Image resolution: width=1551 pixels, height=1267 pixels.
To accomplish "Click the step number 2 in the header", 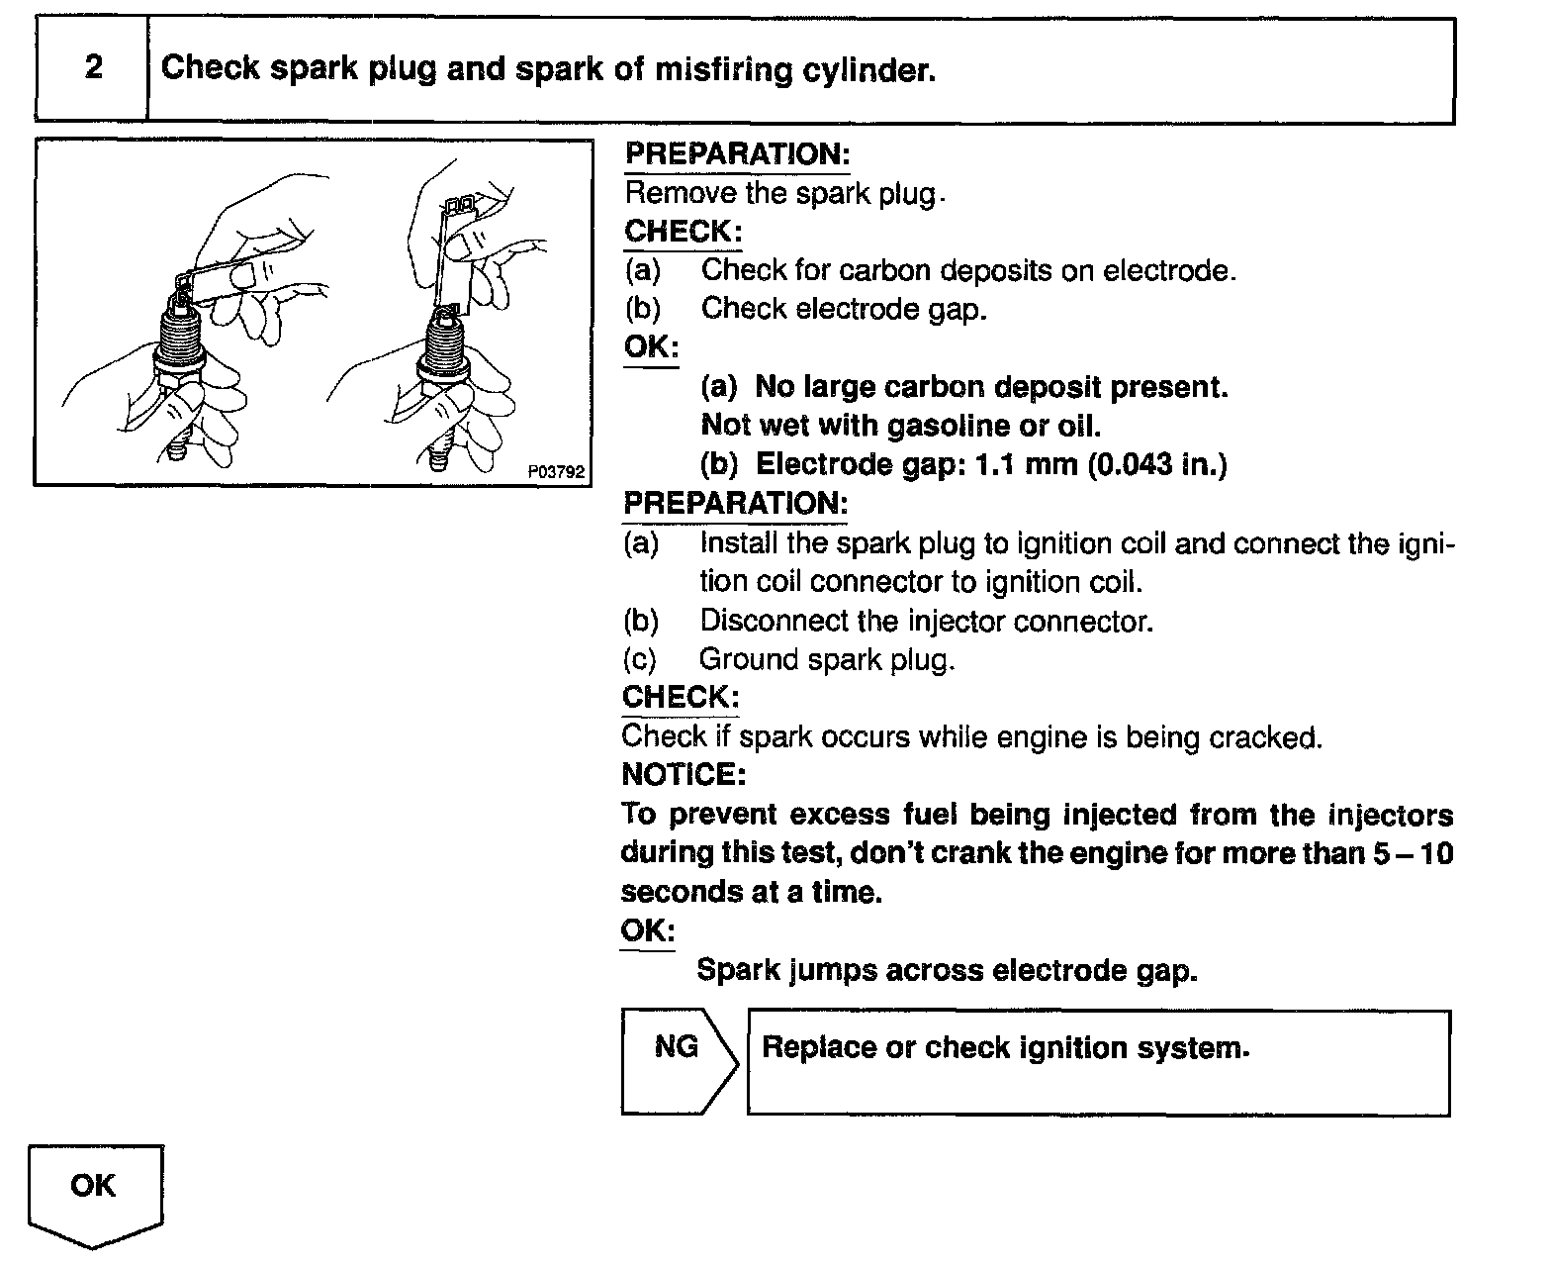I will click(93, 67).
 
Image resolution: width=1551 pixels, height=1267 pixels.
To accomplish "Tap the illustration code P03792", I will click(557, 472).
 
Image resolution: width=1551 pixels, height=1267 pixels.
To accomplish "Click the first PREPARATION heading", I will click(737, 154).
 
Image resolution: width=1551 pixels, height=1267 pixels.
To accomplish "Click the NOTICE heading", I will click(684, 774).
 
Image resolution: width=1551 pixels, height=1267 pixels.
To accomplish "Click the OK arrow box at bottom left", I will click(94, 1188).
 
